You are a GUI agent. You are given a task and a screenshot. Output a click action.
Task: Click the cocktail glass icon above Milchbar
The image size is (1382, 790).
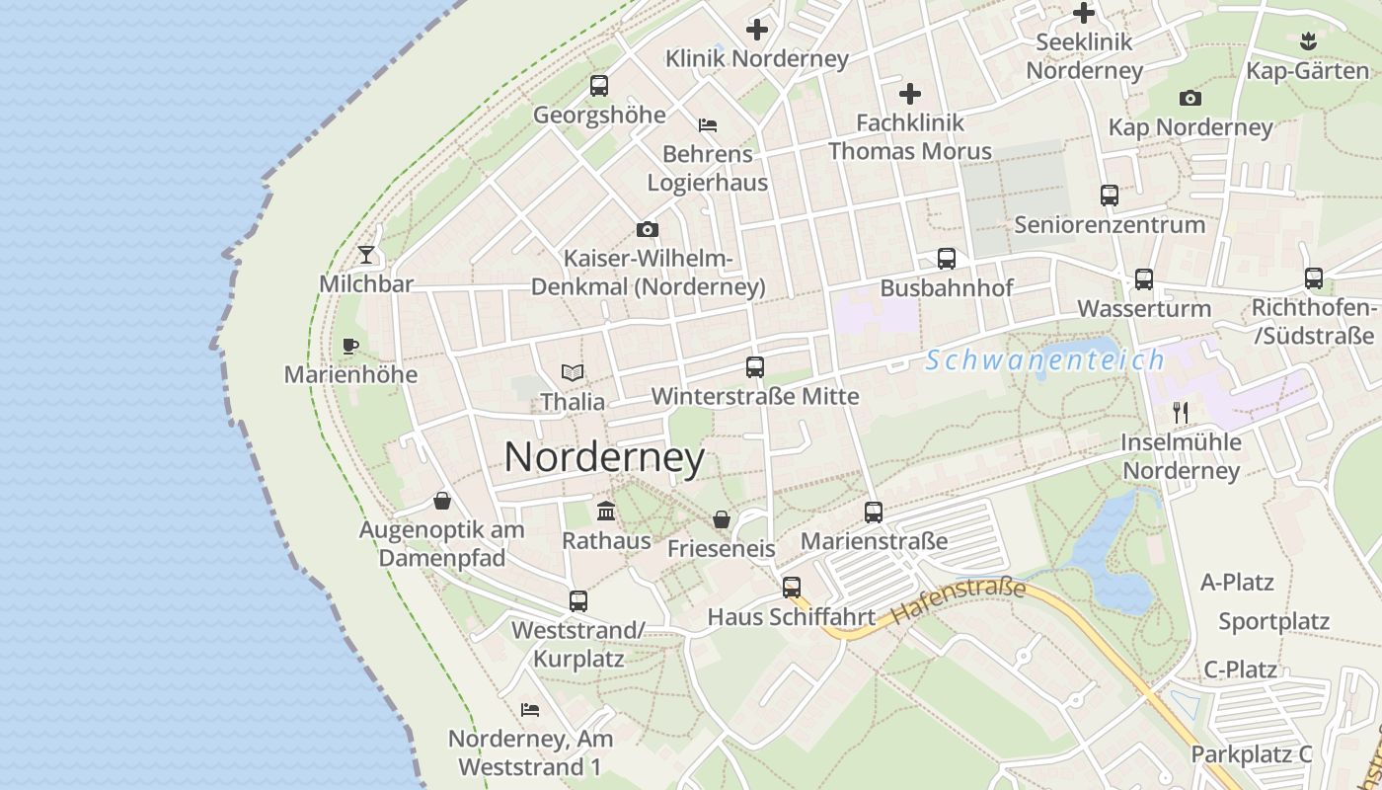click(366, 255)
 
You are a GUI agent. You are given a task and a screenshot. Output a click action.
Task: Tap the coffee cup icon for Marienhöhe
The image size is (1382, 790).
click(349, 346)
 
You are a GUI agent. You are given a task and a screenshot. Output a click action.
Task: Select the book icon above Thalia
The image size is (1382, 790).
click(573, 373)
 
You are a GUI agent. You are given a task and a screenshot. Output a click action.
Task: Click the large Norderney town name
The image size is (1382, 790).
click(604, 457)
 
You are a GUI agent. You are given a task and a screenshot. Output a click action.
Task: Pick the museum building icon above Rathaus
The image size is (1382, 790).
click(606, 512)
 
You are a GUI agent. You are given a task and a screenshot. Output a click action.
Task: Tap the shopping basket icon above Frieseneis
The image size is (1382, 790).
click(722, 519)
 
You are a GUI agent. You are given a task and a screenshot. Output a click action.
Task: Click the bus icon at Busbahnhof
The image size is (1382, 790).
click(947, 259)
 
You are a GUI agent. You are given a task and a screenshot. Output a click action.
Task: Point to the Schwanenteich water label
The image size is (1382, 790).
click(1045, 360)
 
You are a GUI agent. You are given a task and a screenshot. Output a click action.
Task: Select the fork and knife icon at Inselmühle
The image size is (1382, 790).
click(1181, 412)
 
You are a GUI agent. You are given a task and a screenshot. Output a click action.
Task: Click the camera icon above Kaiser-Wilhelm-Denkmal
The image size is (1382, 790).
click(648, 230)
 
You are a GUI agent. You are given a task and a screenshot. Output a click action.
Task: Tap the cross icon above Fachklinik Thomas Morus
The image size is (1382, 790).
click(910, 95)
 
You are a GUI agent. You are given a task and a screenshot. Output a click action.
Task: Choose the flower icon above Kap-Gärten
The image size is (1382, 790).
click(1308, 41)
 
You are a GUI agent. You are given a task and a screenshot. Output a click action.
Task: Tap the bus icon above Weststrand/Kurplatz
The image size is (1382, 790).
click(578, 600)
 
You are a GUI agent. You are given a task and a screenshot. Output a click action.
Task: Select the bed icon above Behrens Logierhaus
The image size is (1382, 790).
click(708, 125)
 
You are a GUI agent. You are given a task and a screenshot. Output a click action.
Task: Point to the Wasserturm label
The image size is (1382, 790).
click(1144, 308)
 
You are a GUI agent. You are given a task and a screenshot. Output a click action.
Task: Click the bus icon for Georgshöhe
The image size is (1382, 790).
click(599, 86)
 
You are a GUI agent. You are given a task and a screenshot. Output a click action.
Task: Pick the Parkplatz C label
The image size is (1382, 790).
click(1252, 753)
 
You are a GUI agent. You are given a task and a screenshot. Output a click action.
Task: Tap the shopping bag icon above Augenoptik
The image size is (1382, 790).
click(442, 502)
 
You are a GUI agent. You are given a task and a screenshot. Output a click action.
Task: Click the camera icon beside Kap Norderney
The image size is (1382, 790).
click(1190, 98)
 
